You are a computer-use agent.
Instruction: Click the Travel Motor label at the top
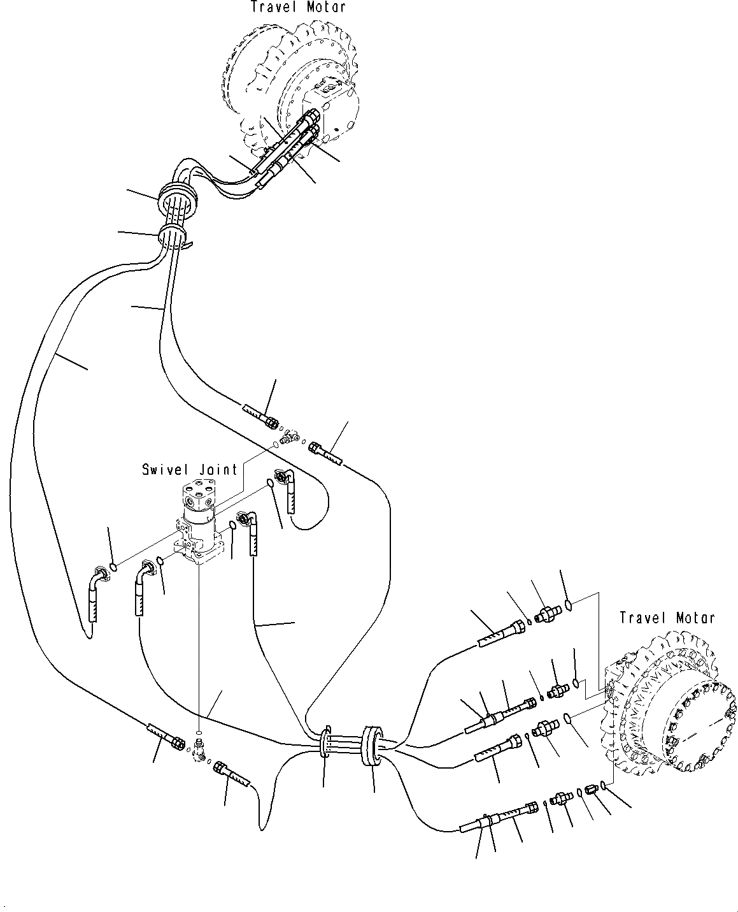click(x=298, y=7)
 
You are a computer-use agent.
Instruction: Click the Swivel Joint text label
click(x=190, y=470)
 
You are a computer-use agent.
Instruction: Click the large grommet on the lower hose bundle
click(x=371, y=744)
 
